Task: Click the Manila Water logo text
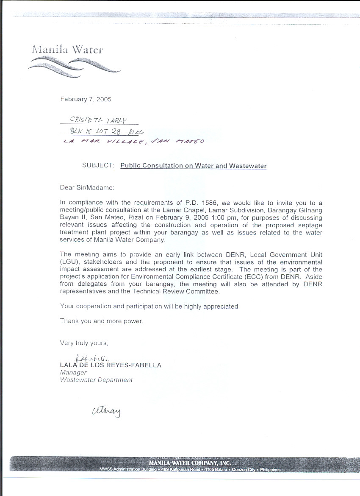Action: point(67,50)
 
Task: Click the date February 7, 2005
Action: point(86,100)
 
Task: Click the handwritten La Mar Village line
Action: point(133,141)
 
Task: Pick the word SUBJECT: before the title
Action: point(98,166)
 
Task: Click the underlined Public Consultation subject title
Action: point(194,166)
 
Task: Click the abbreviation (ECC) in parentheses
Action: point(273,277)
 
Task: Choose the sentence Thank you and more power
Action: point(102,321)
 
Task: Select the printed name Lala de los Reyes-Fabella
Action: point(111,365)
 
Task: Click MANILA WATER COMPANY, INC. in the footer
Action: point(189,463)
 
